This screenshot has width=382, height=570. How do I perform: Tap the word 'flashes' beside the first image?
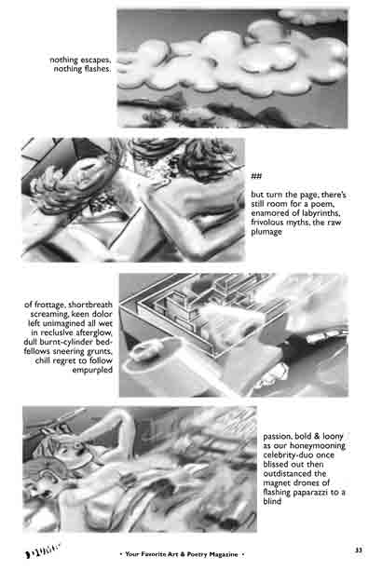pos(95,69)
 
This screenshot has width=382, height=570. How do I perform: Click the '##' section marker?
pos(256,176)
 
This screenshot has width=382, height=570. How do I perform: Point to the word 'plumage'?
pos(266,232)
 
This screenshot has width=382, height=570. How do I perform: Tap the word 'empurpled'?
pos(92,370)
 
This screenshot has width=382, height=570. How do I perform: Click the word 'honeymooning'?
pos(318,446)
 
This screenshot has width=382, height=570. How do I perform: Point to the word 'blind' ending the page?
pos(272,501)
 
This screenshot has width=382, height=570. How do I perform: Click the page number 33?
pos(359,550)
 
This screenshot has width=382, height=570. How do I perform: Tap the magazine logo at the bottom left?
pos(43,550)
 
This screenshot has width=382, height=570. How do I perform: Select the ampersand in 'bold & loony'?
pos(317,436)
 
